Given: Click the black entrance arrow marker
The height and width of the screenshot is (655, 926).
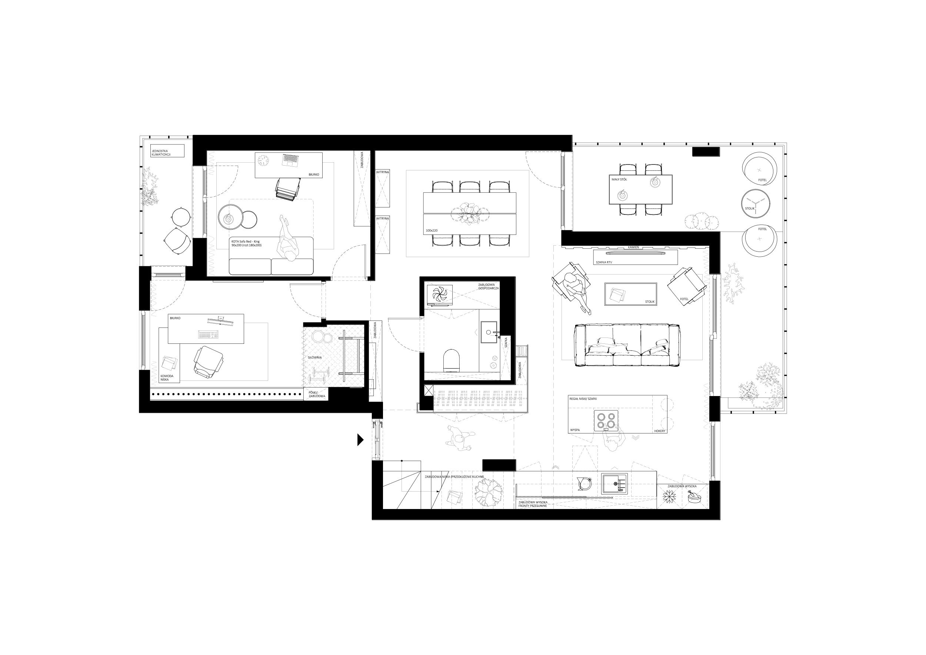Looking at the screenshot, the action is [x=360, y=440].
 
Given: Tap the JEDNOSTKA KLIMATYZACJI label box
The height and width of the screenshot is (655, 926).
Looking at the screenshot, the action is [x=167, y=151].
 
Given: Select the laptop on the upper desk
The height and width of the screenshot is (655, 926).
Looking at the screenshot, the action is [x=290, y=160].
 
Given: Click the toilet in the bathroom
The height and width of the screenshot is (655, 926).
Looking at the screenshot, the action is [x=452, y=360].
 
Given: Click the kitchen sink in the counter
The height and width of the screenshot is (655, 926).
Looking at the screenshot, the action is [x=614, y=483].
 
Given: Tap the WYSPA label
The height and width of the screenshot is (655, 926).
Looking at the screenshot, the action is [x=575, y=430].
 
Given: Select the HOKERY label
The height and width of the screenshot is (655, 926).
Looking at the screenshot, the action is [x=660, y=431].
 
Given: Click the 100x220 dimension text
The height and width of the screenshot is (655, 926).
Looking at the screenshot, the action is [x=431, y=230].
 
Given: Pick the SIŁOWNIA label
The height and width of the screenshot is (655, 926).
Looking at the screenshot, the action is [x=314, y=358].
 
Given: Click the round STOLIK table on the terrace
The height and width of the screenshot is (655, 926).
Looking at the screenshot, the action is [x=756, y=204].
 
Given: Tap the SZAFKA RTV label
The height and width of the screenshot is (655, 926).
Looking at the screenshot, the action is [x=604, y=262].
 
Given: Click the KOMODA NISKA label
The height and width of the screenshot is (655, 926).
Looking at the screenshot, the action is [x=167, y=378].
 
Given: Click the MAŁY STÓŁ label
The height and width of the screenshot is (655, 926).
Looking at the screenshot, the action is [x=619, y=179].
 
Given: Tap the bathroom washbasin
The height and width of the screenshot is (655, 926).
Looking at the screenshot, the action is [x=489, y=332].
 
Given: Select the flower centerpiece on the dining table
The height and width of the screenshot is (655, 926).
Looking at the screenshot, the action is [x=469, y=213].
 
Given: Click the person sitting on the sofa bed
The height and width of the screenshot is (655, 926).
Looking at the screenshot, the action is [x=287, y=238].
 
